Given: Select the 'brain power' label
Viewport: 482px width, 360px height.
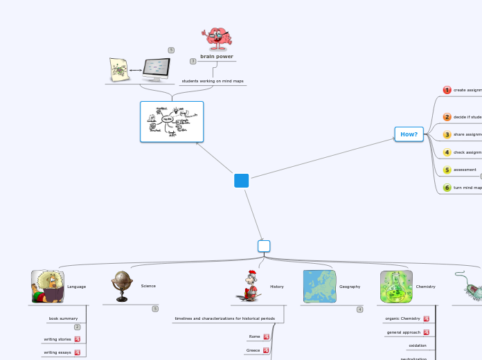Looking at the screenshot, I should click(x=216, y=57).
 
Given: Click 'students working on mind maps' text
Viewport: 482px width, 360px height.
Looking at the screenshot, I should click(x=213, y=81).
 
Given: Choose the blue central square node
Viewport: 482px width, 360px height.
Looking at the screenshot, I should click(x=241, y=181).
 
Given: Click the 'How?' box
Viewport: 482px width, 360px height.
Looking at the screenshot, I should click(x=409, y=134).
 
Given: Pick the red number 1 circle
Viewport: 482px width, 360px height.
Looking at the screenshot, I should click(x=447, y=90).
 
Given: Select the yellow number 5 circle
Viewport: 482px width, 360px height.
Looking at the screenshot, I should click(x=447, y=170).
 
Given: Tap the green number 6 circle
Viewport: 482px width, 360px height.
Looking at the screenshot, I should click(x=447, y=188).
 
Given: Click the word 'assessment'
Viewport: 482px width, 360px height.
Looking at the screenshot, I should click(x=465, y=170).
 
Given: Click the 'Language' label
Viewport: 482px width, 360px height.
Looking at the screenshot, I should click(x=76, y=286).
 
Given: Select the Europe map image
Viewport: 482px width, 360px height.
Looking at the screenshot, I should click(x=319, y=287).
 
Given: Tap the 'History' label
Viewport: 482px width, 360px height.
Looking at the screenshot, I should click(x=276, y=286).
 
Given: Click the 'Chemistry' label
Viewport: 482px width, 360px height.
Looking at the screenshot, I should click(x=425, y=286).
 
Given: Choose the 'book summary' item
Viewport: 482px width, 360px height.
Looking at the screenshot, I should click(x=63, y=318).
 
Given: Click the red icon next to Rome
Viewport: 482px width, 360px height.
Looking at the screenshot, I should click(x=266, y=337).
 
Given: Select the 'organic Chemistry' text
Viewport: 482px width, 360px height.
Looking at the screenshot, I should click(x=402, y=318).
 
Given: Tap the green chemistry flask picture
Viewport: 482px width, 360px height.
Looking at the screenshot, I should click(x=396, y=287).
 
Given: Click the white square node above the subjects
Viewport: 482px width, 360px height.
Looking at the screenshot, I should click(x=263, y=246).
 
